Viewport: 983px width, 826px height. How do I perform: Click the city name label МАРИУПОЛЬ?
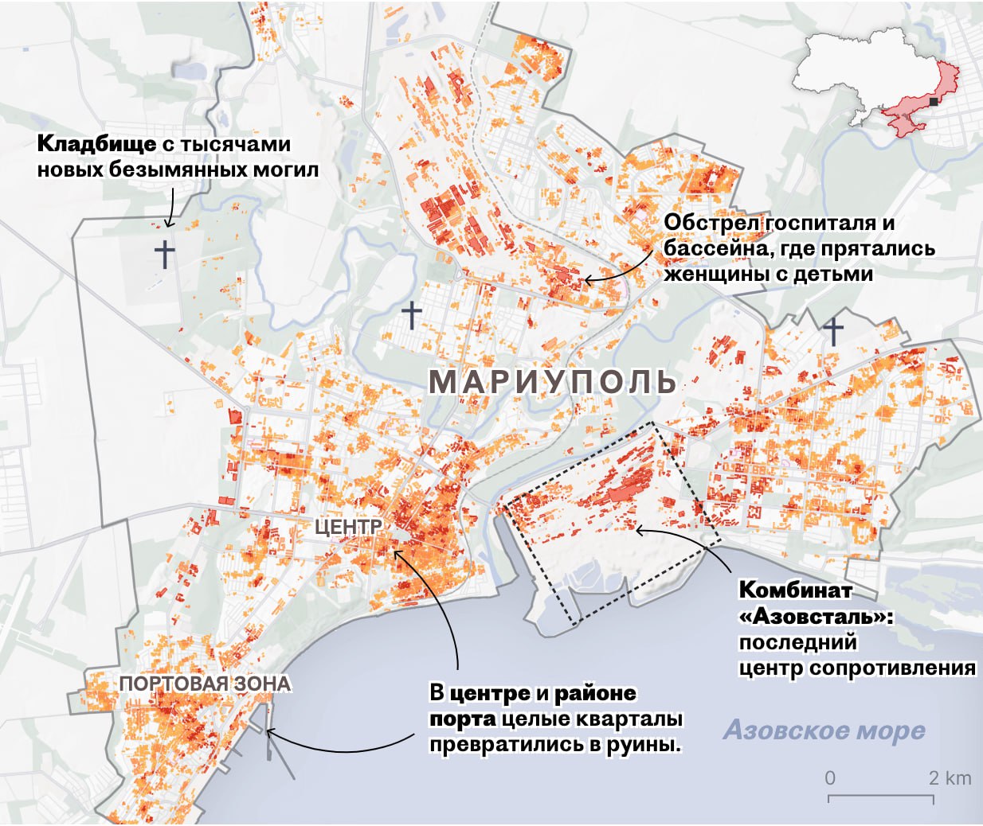click(552, 382)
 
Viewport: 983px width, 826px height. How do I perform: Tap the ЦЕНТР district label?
click(347, 526)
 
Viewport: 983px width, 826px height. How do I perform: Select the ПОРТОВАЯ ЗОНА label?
click(205, 684)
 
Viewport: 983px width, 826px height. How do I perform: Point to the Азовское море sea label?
click(824, 730)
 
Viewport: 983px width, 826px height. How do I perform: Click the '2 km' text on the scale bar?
click(950, 777)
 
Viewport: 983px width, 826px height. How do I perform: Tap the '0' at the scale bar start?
click(830, 777)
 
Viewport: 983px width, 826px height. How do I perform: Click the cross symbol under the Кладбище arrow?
click(164, 254)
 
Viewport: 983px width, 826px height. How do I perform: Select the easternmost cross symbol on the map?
click(833, 330)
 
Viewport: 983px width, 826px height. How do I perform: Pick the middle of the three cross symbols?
click(411, 314)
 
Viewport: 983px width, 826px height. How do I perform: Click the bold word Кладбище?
click(96, 144)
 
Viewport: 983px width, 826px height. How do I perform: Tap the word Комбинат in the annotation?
click(795, 590)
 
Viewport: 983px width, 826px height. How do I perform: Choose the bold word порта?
click(461, 719)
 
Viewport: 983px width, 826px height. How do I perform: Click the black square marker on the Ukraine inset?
click(934, 102)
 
